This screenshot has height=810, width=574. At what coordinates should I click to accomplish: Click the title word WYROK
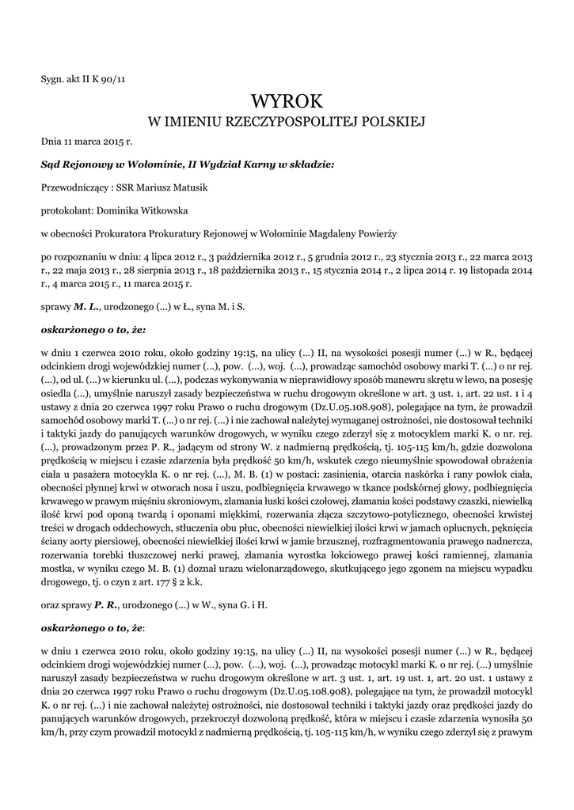pos(287,101)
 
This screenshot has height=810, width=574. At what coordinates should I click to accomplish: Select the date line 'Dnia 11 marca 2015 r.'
pos(86,142)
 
